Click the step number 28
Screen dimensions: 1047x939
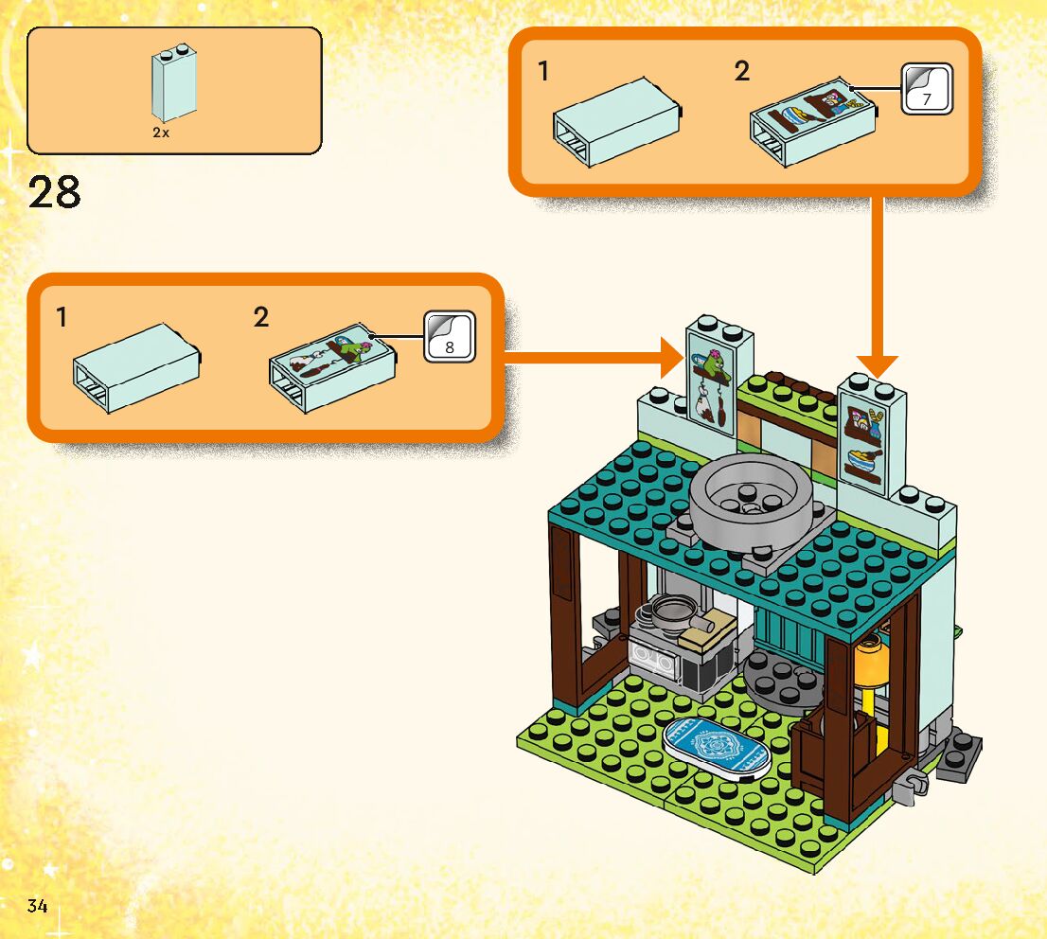[x=55, y=193]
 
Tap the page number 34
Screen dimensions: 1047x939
[x=37, y=906]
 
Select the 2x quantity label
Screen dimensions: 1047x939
[x=161, y=133]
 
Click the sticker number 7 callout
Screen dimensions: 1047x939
[x=926, y=90]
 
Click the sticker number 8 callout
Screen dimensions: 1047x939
[x=449, y=336]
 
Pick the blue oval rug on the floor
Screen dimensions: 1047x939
[x=717, y=746]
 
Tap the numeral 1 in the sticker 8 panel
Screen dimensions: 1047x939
[x=62, y=318]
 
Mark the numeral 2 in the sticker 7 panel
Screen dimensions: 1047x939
[x=741, y=71]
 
